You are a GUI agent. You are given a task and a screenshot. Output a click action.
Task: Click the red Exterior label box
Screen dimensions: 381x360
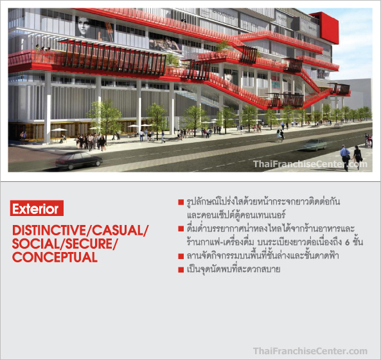(37, 208)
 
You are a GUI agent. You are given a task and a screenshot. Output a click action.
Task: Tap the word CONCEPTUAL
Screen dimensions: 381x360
(55, 257)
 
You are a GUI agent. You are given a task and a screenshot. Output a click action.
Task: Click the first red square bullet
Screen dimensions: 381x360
(181, 202)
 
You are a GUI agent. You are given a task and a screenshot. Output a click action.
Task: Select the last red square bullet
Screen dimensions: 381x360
(181, 269)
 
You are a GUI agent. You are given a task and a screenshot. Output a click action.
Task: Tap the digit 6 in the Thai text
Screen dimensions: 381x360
(347, 242)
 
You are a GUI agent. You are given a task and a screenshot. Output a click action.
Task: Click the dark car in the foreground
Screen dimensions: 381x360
(79, 160)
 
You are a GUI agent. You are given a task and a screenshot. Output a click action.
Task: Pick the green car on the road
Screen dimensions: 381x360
(315, 145)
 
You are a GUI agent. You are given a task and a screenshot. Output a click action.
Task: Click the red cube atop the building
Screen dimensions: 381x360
(325, 28)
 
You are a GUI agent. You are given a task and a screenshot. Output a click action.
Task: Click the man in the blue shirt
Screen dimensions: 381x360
(345, 157)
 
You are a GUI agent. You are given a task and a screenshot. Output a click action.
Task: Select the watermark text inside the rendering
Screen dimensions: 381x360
(310, 164)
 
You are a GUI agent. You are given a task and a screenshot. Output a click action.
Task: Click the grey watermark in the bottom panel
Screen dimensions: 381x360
(310, 351)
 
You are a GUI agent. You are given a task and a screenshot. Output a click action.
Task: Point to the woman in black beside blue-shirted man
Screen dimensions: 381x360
(357, 157)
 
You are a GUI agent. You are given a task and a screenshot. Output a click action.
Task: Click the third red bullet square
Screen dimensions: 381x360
(181, 256)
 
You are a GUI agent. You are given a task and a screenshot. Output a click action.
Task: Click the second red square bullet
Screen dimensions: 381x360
(181, 229)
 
